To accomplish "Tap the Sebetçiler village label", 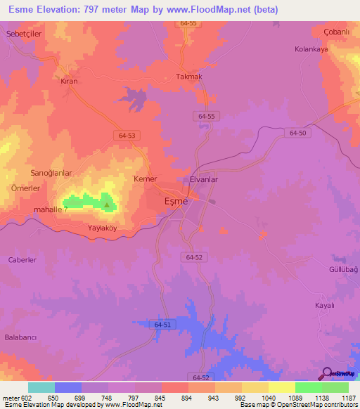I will point(25,34).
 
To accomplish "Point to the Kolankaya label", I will point(312,49).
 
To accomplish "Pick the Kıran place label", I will point(69,82).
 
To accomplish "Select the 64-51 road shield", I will point(162,323).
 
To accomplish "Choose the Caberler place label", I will point(22,259).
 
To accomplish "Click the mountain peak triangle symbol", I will point(107,205).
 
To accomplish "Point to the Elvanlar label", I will point(205,180).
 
